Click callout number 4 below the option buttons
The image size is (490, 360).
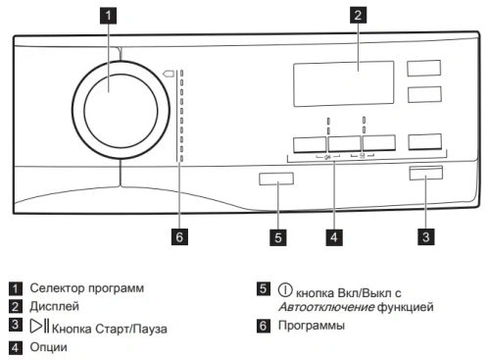click(x=335, y=236)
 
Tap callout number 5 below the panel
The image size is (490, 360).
click(x=278, y=236)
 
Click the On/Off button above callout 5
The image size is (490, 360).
click(x=276, y=180)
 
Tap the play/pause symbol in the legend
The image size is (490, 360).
click(x=40, y=327)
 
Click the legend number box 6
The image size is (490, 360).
click(x=264, y=326)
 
